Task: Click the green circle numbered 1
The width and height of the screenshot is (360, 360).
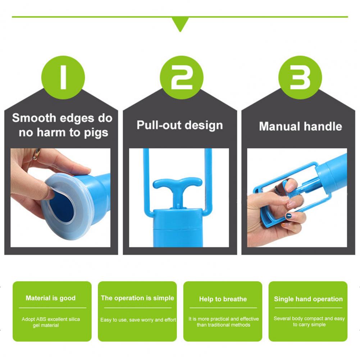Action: point(63,77)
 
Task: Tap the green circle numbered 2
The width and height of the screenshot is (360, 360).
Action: point(182,77)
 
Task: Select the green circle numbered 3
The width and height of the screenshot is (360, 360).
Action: point(300,77)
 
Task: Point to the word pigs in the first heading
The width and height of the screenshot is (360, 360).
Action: point(96,133)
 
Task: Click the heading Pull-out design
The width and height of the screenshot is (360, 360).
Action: point(180,126)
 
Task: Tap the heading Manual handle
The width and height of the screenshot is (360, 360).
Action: point(301,126)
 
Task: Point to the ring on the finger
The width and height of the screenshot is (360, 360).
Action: point(36,154)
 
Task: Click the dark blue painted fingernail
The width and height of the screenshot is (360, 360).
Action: point(288,215)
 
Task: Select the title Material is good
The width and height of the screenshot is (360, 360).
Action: point(50,298)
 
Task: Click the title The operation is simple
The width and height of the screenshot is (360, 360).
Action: point(137,298)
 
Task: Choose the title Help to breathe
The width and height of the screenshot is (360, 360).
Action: point(223,299)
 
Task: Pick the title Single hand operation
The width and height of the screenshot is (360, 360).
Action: point(308,299)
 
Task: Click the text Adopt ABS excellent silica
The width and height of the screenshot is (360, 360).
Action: point(51,319)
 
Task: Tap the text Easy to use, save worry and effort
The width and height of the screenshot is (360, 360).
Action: point(138,320)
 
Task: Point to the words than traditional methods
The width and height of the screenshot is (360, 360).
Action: point(223,325)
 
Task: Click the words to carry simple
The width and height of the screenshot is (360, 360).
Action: point(309,325)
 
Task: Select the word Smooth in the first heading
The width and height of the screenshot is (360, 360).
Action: point(34,118)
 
